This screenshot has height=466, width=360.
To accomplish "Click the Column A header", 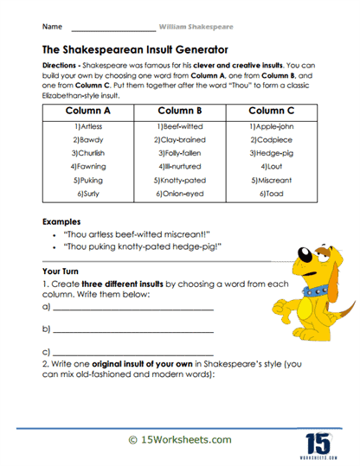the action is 87,112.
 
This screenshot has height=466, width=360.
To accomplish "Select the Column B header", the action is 179,112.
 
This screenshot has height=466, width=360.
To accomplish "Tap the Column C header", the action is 272,112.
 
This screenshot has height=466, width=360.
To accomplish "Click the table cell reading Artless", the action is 87,126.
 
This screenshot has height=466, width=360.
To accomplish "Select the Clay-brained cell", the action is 179,139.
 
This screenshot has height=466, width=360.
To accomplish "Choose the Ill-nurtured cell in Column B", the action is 179,166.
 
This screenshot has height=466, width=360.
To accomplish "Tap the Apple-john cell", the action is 272,126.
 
